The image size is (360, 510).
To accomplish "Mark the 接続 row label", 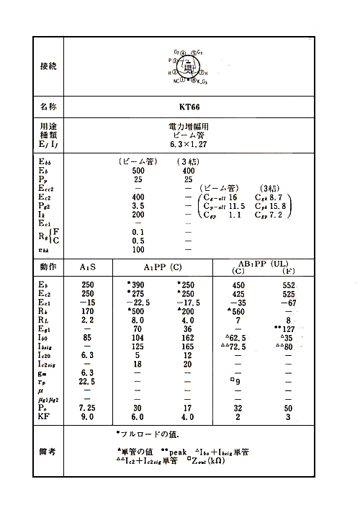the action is click(x=48, y=66).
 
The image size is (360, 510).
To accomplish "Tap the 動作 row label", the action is click(x=48, y=267).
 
